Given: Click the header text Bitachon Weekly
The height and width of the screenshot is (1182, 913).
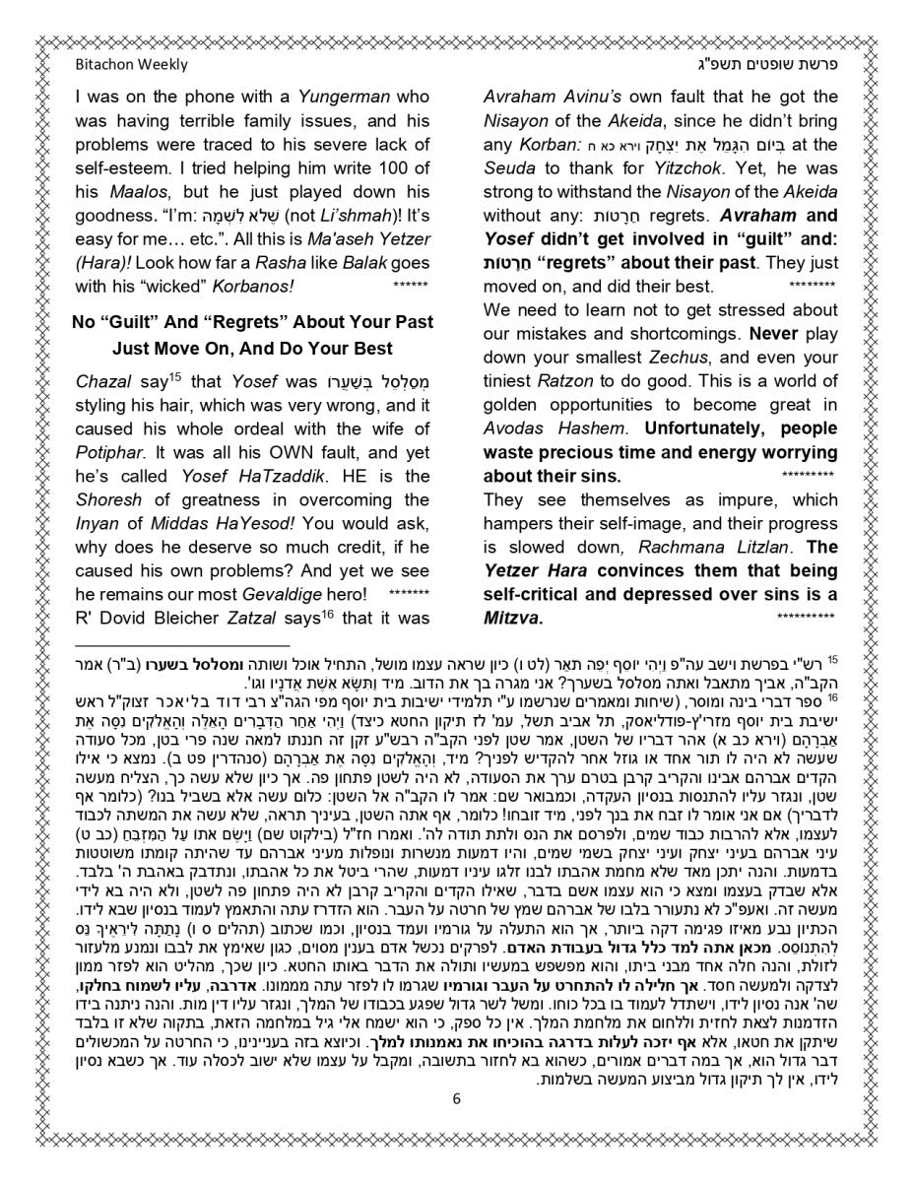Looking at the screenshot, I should (x=131, y=65).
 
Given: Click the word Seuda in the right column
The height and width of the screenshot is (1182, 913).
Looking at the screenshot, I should (x=510, y=167).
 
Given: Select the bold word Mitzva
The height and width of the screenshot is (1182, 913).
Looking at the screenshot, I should (x=508, y=618).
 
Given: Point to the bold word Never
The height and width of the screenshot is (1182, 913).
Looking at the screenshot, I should (x=773, y=334).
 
